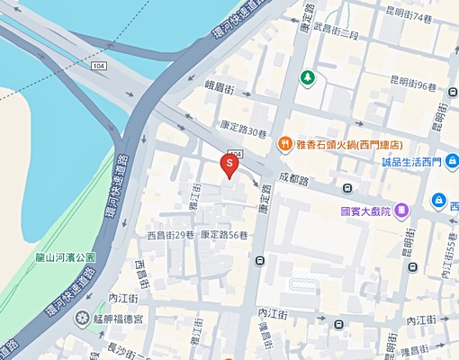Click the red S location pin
coord(229,166)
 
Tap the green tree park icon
coord(308,77)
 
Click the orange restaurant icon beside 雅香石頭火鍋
coord(283,142)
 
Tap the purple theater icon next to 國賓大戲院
coord(401,211)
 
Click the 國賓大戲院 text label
coord(365,211)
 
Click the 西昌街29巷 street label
coord(171,235)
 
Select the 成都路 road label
coord(293,180)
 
